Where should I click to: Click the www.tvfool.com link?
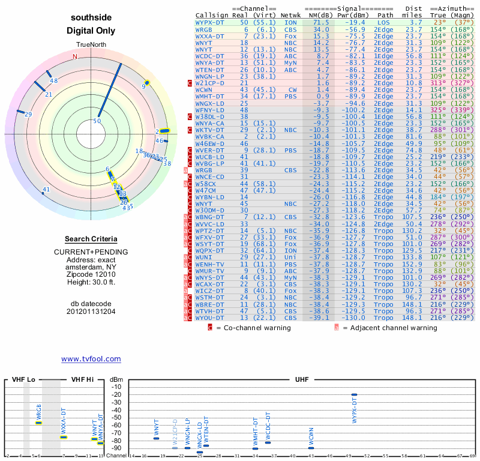point(91,359)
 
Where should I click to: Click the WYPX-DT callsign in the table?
point(210,22)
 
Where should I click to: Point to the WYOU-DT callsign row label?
point(210,318)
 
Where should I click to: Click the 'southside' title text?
point(91,17)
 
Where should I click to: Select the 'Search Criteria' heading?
point(91,239)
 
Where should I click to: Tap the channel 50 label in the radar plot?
point(97,121)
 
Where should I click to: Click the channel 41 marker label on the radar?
point(46,190)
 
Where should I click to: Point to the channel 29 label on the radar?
point(28,114)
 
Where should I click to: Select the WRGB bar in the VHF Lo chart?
point(38,423)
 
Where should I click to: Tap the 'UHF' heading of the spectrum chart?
point(302,380)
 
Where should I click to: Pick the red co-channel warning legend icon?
point(210,328)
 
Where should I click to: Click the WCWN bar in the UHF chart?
point(311,448)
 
